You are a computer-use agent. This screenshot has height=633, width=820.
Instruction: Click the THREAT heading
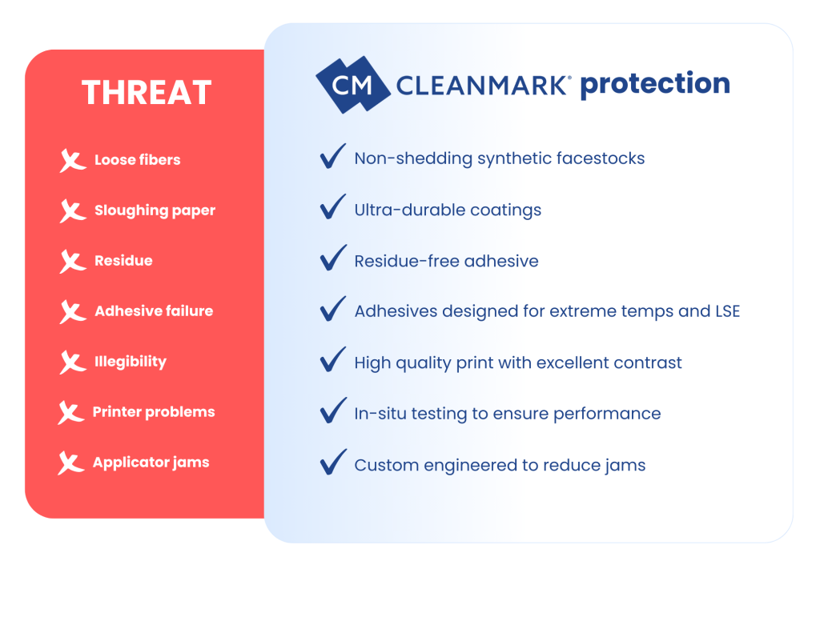(x=147, y=93)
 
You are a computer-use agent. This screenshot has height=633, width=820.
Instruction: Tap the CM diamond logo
(x=352, y=84)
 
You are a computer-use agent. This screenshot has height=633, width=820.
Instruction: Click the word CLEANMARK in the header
(x=484, y=85)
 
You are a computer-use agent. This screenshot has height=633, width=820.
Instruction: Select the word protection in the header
(x=654, y=84)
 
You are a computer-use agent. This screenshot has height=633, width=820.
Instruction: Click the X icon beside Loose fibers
(x=72, y=160)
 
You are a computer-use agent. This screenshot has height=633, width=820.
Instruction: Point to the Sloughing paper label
(x=155, y=210)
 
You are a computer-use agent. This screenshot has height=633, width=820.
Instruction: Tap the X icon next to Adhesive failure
(x=72, y=311)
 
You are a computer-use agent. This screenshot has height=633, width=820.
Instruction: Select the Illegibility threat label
(x=130, y=362)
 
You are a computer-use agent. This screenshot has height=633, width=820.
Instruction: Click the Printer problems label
(x=154, y=412)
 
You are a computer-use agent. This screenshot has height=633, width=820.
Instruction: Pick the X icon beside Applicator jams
(x=71, y=463)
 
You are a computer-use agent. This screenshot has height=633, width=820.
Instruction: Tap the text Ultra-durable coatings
(x=448, y=210)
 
